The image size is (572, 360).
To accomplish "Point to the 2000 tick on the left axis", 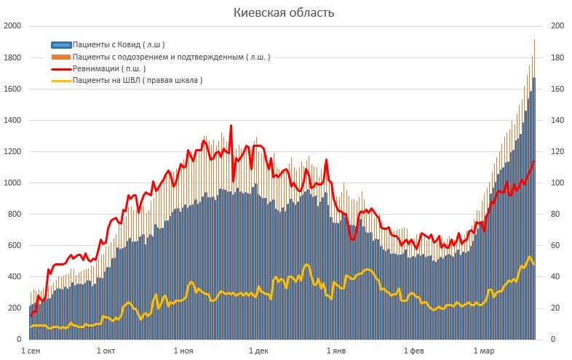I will [12, 26].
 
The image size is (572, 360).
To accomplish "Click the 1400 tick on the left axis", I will [12, 120].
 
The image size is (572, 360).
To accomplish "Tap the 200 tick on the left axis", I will [15, 308].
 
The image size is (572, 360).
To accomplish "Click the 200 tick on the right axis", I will [557, 26].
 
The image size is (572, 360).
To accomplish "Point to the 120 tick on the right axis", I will [557, 151].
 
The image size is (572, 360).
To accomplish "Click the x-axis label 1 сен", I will [31, 351].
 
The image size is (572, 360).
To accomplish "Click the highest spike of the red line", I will [231, 126].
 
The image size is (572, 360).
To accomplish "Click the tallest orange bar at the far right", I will [534, 40].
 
